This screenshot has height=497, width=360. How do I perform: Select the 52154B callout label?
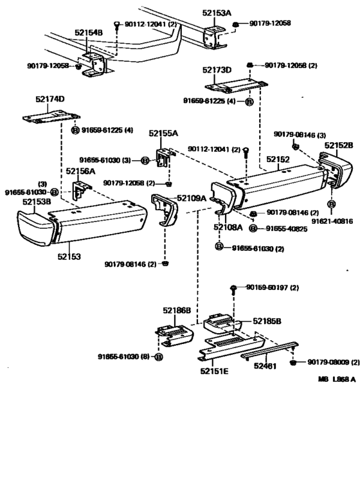coord(88,32)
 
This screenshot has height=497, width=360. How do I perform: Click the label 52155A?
coord(163,134)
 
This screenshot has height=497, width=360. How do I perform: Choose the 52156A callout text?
coord(80,171)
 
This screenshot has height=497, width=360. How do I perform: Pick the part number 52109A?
coord(192,199)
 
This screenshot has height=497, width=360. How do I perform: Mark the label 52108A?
coord(228,227)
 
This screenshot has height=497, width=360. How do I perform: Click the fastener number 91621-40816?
coord(332,221)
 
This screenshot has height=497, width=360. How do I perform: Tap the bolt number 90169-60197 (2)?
coord(273,287)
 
